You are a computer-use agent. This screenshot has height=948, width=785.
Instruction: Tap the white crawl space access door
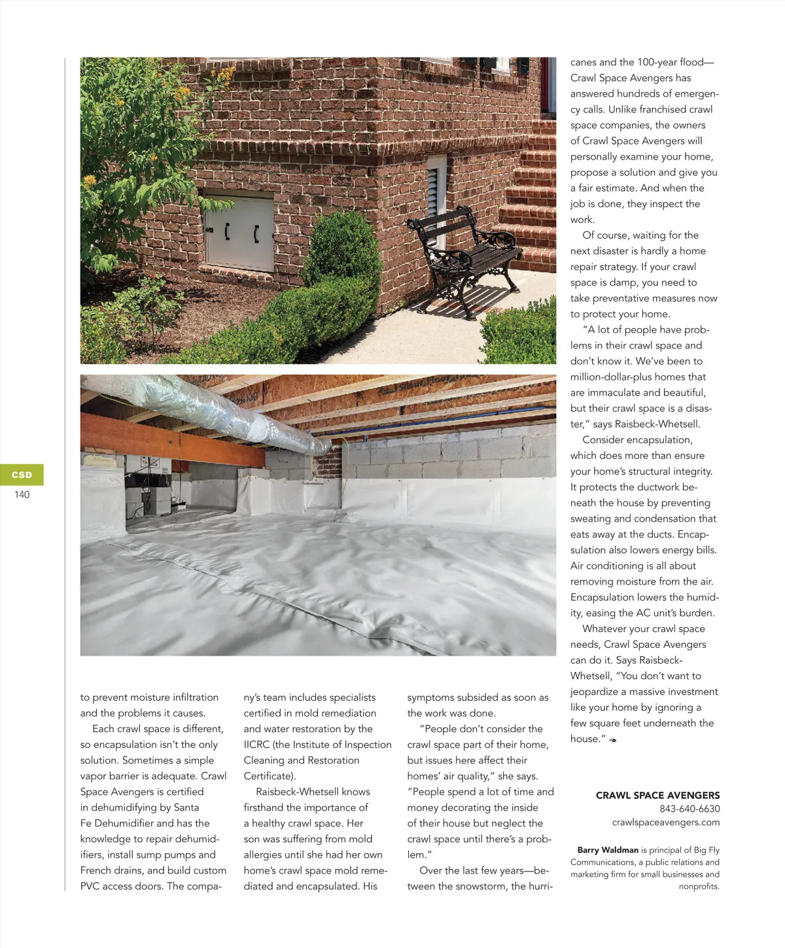pos(239,231)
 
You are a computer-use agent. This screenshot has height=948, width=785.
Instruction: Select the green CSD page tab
pos(22,475)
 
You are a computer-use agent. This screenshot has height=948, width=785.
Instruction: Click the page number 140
pos(22,495)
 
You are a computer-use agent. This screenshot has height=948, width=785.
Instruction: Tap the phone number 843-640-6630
pos(689,809)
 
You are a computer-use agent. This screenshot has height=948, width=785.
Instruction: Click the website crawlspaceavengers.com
pos(665,822)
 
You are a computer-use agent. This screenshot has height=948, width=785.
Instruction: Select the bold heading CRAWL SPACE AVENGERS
pos(657,795)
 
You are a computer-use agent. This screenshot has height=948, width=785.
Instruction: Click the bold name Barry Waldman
pos(608,850)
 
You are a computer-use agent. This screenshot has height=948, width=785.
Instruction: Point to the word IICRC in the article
pos(257,745)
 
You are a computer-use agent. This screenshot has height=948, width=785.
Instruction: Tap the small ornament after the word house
pos(613,740)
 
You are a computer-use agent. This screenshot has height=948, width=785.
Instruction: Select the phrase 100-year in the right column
pos(657,62)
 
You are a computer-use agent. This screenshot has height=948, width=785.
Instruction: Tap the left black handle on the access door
pos(227,231)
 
